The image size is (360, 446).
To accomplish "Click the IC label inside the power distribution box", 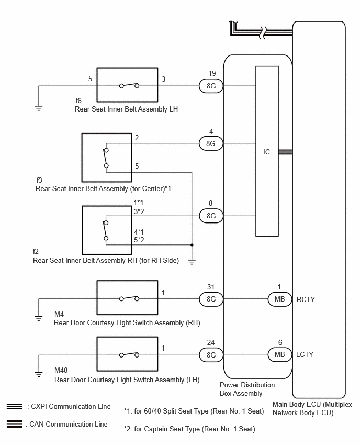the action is (x=266, y=152).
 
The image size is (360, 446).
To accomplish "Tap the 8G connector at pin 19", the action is (x=211, y=86).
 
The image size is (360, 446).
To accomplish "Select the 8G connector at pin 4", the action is (x=211, y=143).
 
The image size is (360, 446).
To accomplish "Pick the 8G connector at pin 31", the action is (x=211, y=299).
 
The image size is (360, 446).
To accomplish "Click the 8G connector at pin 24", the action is (x=211, y=355).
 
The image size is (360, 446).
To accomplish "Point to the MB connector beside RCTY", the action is (x=280, y=299).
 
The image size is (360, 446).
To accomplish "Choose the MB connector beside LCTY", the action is (x=280, y=354).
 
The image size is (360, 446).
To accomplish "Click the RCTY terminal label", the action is (x=306, y=299).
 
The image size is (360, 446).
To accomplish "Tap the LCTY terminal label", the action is (x=305, y=355).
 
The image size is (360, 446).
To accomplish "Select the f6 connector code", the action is (x=78, y=101).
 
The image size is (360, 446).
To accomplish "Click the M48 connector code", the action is (x=61, y=370).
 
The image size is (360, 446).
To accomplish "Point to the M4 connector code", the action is (x=59, y=314).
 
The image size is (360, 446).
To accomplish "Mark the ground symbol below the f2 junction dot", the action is (x=192, y=262).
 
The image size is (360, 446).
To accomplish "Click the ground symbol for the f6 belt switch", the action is (x=39, y=108).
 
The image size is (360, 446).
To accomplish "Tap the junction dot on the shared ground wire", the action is (x=192, y=245).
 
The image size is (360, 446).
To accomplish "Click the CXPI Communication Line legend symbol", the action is (x=15, y=406).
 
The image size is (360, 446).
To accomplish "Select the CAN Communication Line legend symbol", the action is (x=15, y=424).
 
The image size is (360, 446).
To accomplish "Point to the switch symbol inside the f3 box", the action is (x=106, y=158).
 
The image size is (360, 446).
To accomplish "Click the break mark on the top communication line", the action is (x=264, y=32).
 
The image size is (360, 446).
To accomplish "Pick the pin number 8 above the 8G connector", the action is (x=210, y=203).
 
